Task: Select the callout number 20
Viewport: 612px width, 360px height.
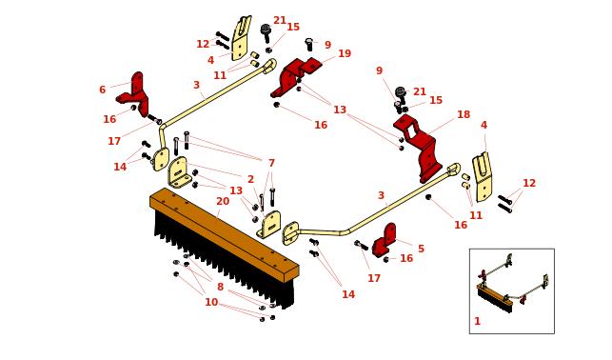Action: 223,201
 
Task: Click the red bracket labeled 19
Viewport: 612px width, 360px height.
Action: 296,77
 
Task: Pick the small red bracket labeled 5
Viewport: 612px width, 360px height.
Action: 385,240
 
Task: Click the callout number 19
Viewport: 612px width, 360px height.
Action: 345,53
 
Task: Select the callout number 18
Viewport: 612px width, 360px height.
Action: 464,114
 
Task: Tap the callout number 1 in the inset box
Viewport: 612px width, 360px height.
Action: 477,321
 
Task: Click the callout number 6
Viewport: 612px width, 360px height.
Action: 102,90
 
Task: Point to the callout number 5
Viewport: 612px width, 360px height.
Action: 421,249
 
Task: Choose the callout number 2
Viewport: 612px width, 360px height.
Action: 250,179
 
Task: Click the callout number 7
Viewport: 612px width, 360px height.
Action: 271,163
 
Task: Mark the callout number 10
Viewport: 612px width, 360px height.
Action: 211,302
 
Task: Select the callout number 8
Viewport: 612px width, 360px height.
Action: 220,287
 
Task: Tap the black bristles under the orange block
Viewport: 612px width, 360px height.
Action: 223,258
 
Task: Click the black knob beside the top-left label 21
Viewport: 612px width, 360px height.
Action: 266,32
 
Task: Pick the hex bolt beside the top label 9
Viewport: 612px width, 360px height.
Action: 309,45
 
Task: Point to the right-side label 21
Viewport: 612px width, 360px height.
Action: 420,91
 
